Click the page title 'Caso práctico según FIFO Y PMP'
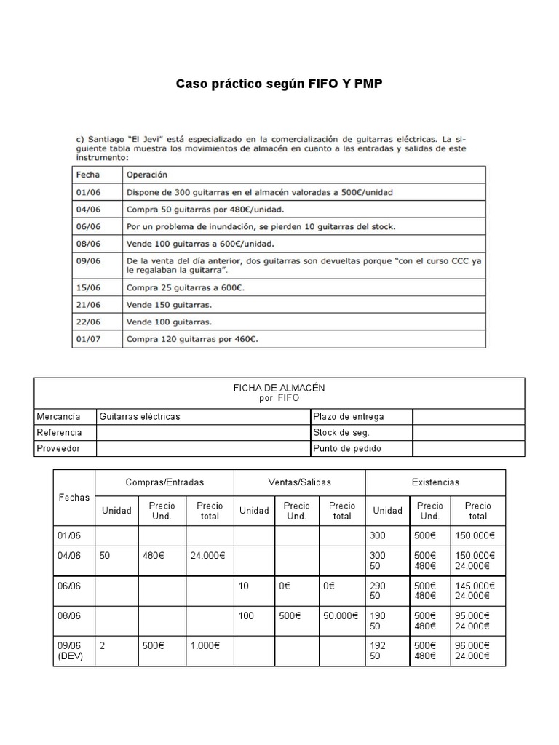pyautogui.click(x=279, y=84)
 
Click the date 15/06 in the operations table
pyautogui.click(x=88, y=287)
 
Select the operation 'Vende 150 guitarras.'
pyautogui.click(x=170, y=304)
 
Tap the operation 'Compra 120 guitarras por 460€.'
pyautogui.click(x=193, y=338)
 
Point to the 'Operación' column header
pyautogui.click(x=146, y=175)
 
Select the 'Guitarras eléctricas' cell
pyautogui.click(x=140, y=417)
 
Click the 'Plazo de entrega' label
pyautogui.click(x=348, y=417)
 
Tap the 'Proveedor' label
pyautogui.click(x=58, y=448)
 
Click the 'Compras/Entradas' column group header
pyautogui.click(x=164, y=482)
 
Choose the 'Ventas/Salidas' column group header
pyautogui.click(x=298, y=482)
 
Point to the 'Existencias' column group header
pyautogui.click(x=435, y=482)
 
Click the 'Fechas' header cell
pyautogui.click(x=74, y=498)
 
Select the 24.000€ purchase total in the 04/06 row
pyautogui.click(x=208, y=555)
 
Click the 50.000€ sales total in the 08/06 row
pyautogui.click(x=341, y=615)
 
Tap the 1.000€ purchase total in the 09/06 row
pyautogui.click(x=206, y=645)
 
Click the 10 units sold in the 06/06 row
pyautogui.click(x=245, y=586)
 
